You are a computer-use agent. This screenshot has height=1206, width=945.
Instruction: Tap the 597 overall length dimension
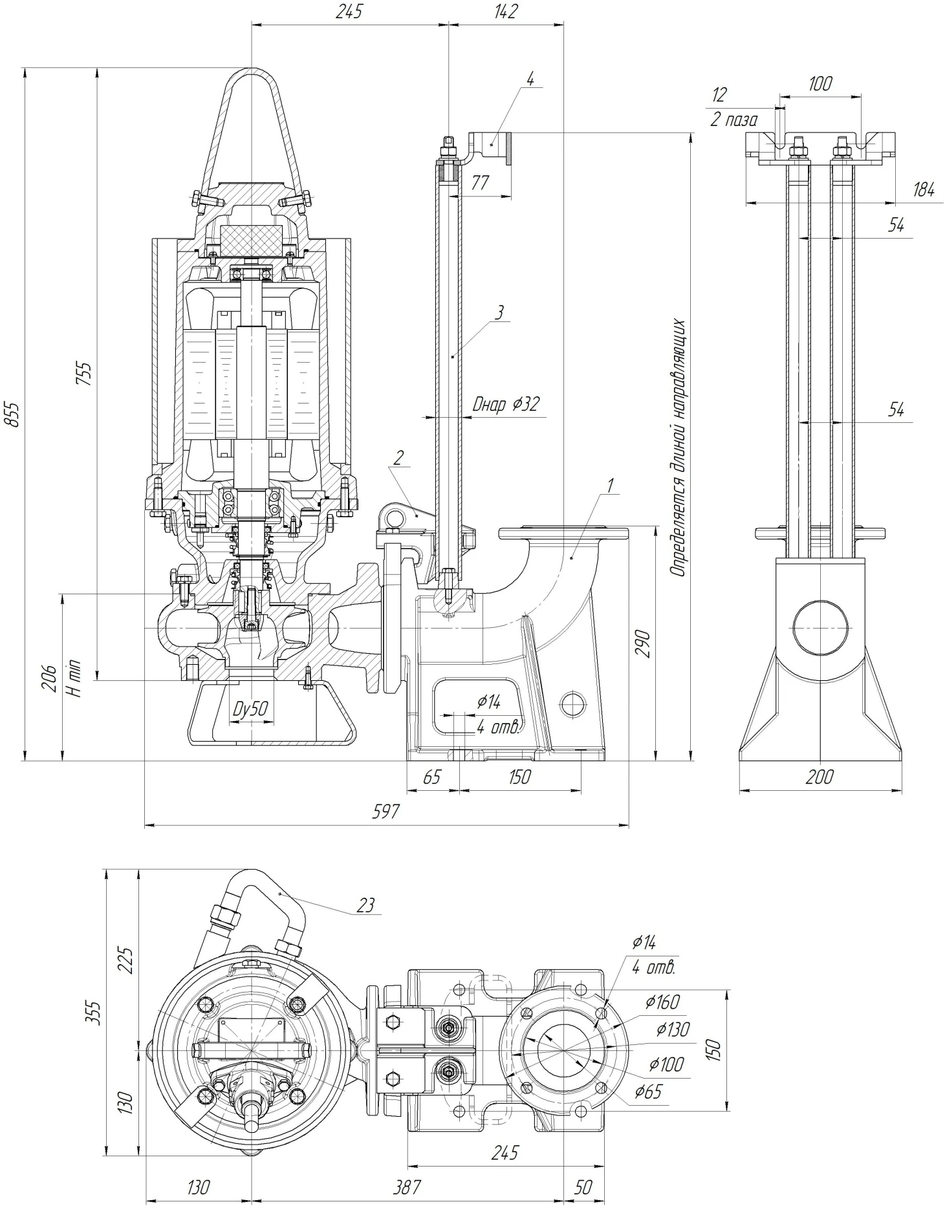tap(386, 812)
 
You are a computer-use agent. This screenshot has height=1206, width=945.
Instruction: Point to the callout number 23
tap(365, 905)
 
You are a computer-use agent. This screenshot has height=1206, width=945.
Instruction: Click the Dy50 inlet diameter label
tap(250, 709)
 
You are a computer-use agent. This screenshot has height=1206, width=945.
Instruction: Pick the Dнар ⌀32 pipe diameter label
tap(506, 405)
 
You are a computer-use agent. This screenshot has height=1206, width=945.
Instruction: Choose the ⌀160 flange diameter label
tap(663, 1002)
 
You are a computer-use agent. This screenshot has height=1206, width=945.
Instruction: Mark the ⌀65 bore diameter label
tap(648, 1092)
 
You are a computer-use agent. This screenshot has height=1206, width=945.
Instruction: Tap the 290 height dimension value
tap(643, 643)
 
